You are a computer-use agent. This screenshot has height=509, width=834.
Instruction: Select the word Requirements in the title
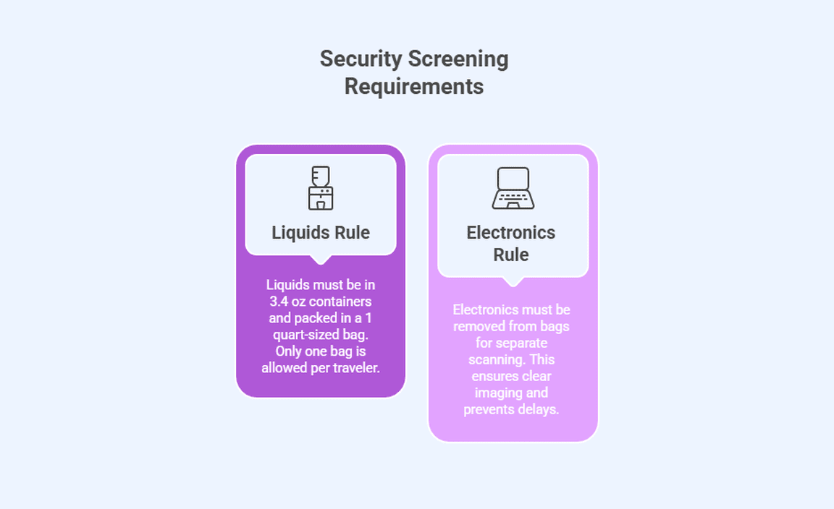click(x=414, y=87)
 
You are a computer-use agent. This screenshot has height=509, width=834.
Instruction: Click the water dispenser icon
click(x=321, y=188)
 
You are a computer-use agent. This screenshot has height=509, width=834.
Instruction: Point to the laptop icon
click(x=513, y=188)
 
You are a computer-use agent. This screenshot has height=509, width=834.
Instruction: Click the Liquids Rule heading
click(x=321, y=233)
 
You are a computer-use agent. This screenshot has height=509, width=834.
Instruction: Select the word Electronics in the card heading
click(x=511, y=233)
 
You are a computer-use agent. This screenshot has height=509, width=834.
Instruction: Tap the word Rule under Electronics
click(x=511, y=254)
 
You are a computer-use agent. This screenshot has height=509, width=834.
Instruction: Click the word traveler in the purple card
click(x=353, y=368)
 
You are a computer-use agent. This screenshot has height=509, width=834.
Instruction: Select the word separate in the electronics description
click(x=521, y=343)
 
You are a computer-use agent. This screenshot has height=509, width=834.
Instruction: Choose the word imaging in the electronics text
click(x=501, y=393)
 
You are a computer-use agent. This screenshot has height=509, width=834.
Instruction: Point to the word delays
click(x=539, y=409)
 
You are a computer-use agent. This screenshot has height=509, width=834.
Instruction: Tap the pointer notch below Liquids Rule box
click(x=321, y=260)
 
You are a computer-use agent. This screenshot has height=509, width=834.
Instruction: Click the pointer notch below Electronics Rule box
click(x=513, y=281)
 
